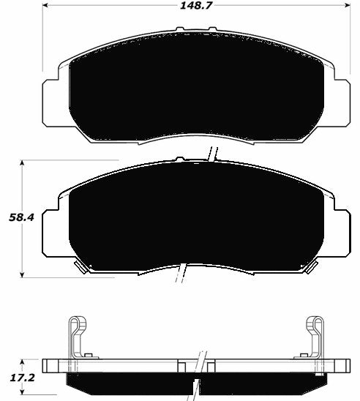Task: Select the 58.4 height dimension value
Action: [14, 217]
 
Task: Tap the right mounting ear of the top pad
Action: [346, 94]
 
